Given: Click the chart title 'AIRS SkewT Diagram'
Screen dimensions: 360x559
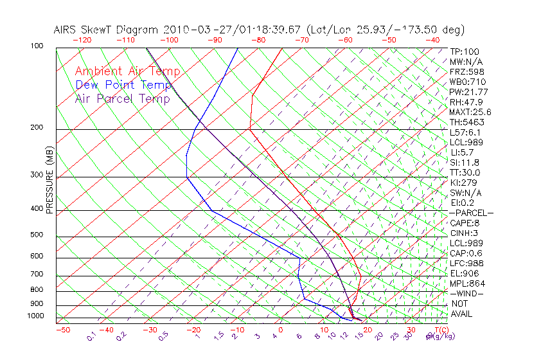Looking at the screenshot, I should (x=107, y=30).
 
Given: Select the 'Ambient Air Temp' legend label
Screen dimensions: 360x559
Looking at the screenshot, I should (x=127, y=72).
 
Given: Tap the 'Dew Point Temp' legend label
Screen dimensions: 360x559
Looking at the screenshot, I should (x=123, y=85).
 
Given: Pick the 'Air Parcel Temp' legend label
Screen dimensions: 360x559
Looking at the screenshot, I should (x=122, y=98).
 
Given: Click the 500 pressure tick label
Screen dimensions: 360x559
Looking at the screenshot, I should (x=37, y=235).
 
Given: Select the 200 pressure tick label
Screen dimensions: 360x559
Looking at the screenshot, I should (x=37, y=127).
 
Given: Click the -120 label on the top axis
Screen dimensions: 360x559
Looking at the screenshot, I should (x=82, y=40).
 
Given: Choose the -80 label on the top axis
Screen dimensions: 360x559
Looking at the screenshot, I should (x=258, y=40).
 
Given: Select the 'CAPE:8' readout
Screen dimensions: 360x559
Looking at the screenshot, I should (x=463, y=223).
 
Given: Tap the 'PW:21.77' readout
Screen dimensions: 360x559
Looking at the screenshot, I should (x=466, y=92).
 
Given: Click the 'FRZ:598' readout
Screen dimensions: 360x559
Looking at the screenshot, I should (x=464, y=71).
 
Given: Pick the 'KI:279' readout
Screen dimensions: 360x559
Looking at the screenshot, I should (x=462, y=183).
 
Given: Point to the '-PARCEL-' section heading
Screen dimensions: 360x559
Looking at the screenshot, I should (x=471, y=213).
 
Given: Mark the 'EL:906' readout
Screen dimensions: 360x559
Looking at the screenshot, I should (x=462, y=273).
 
